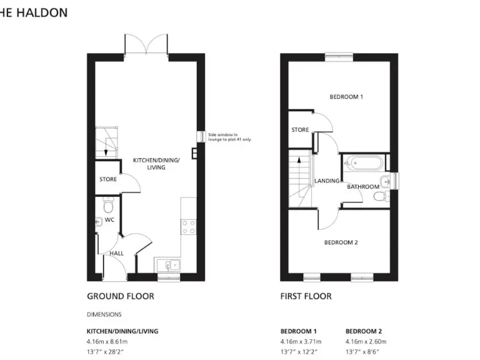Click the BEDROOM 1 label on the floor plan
click(346, 97)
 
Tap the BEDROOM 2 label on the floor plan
click(341, 242)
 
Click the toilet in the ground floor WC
click(108, 204)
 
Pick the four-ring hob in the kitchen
click(188, 227)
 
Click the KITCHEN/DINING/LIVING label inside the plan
click(156, 164)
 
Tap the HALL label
click(116, 254)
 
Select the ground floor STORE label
click(108, 179)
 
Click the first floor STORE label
click(300, 130)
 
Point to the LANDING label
click(327, 181)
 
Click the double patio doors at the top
click(146, 44)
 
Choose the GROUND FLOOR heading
click(120, 296)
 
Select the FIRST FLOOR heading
click(306, 296)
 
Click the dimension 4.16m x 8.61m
click(107, 342)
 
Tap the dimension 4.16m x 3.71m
click(301, 342)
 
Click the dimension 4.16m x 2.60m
click(366, 342)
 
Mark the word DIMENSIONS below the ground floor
click(104, 315)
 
